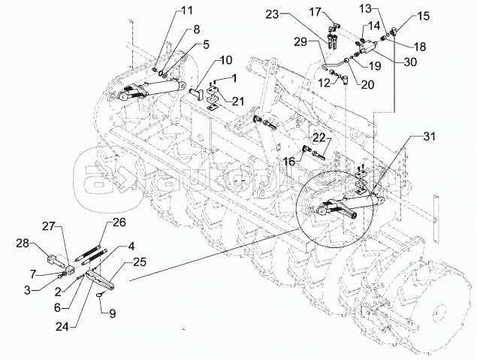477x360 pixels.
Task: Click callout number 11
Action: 187,11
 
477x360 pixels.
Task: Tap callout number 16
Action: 288,160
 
